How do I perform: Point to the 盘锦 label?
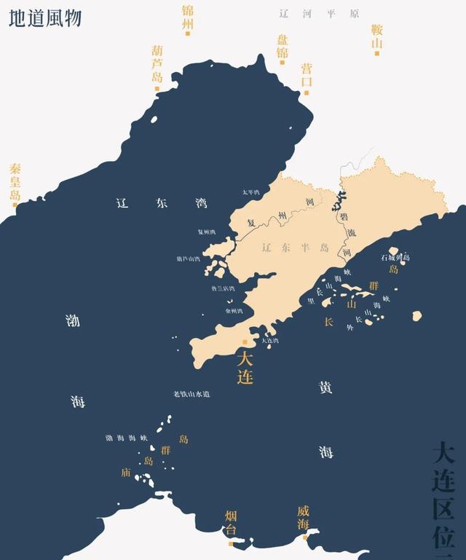[x=283, y=46]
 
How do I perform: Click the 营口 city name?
[x=307, y=74]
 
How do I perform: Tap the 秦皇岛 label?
[x=15, y=181]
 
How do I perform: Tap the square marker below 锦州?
[x=188, y=32]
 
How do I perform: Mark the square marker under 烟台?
[x=231, y=542]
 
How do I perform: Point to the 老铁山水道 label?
[x=191, y=394]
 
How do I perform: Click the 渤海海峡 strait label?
[x=127, y=438]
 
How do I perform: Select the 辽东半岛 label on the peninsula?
[x=295, y=248]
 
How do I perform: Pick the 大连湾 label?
[x=269, y=340]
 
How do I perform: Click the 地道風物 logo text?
[x=45, y=17]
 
